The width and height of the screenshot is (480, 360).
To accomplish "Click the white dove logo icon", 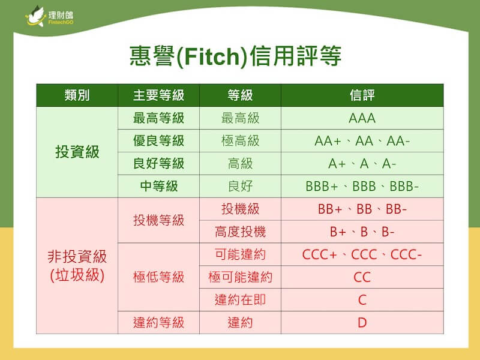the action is coord(35,16).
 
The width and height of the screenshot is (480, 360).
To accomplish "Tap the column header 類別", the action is coord(77,95).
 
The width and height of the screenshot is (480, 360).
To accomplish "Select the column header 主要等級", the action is coord(158,95).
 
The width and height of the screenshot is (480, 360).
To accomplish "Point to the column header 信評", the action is coord(362,95).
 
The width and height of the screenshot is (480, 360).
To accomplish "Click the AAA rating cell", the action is coord(362,118).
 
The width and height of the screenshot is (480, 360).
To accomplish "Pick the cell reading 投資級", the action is coord(77,152).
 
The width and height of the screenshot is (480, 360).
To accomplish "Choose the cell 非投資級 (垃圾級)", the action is coord(77,266).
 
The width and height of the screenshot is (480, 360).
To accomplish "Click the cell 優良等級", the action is coord(158,141).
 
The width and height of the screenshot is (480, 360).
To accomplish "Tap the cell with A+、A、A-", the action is coord(362,164).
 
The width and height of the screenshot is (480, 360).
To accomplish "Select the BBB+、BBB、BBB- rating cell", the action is coord(362,187).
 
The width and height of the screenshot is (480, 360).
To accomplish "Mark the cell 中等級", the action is coord(158,186).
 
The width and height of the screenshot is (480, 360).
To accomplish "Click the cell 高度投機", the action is coord(240,232).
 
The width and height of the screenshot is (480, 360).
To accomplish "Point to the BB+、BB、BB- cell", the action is coord(362,209).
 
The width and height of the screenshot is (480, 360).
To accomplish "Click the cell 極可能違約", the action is coord(240,277).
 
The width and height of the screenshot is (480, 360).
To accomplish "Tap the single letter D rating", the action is coord(362,323).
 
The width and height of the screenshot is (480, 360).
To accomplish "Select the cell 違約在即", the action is coord(240,299).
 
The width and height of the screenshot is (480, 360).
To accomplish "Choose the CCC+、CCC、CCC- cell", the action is coord(362,254).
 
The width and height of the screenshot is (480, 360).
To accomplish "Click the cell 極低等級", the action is coord(158,277).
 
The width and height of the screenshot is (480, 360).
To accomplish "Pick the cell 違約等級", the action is coord(158,323).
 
